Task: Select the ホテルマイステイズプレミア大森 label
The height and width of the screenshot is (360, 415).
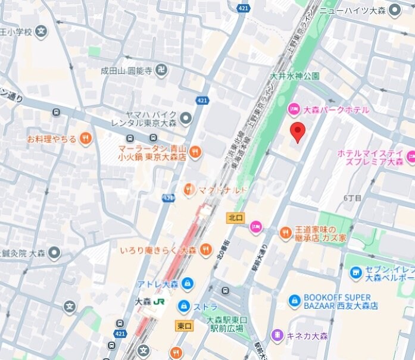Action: click(x=370, y=157)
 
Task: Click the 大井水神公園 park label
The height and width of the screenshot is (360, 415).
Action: click(x=295, y=76)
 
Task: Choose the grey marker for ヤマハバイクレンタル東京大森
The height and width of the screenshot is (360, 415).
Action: click(x=185, y=118)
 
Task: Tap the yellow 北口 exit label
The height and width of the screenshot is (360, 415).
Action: click(x=235, y=218)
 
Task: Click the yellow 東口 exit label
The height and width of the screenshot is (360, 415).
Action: click(x=185, y=325)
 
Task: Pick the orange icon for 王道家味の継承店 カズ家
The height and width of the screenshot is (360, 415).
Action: click(x=285, y=233)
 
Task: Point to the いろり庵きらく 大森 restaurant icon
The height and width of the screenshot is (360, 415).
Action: click(x=205, y=249)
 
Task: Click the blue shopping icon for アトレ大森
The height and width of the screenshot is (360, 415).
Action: click(x=188, y=283)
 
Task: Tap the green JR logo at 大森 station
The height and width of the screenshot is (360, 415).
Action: click(x=159, y=302)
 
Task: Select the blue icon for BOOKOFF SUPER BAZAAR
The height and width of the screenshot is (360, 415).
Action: click(x=294, y=302)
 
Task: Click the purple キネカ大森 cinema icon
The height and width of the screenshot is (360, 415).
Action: click(x=276, y=336)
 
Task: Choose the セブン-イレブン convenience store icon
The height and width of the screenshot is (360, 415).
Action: click(x=355, y=273)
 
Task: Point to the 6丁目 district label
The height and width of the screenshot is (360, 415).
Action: click(x=352, y=198)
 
